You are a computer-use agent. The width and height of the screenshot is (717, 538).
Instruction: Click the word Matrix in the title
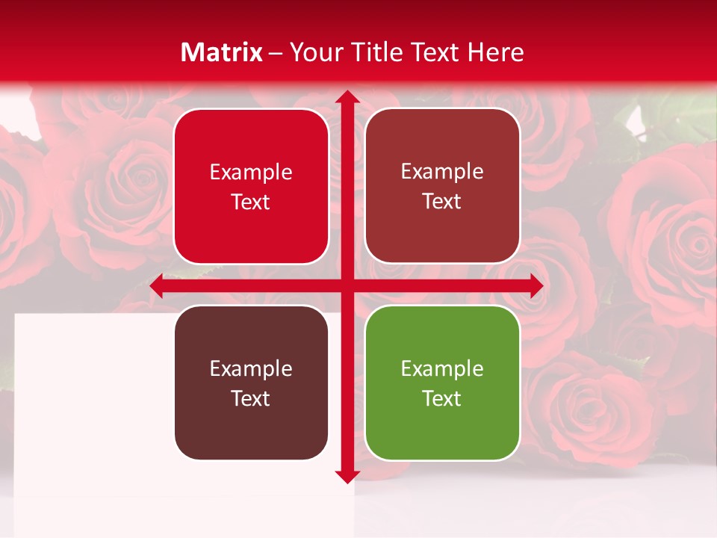coord(222,52)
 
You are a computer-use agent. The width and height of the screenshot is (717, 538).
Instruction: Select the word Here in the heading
coord(495,52)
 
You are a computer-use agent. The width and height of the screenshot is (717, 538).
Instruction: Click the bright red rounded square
coord(251,187)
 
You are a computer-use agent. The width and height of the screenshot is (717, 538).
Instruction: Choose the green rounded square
coord(442,383)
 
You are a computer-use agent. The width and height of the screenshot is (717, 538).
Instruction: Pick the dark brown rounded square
coord(251,383)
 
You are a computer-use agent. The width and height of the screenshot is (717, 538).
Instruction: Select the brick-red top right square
coord(442,186)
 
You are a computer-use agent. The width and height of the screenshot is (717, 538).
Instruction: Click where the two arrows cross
coord(347,286)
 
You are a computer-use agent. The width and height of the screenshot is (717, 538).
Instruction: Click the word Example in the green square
coord(442,368)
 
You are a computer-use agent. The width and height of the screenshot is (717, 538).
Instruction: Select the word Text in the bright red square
coord(251,202)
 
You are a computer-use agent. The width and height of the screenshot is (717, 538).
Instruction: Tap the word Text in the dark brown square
coord(251,398)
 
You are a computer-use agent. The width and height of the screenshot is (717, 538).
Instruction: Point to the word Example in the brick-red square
coord(442,171)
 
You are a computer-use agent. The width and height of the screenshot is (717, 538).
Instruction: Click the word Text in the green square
coord(442,398)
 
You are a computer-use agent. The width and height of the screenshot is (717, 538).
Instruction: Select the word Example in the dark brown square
coord(251,368)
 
